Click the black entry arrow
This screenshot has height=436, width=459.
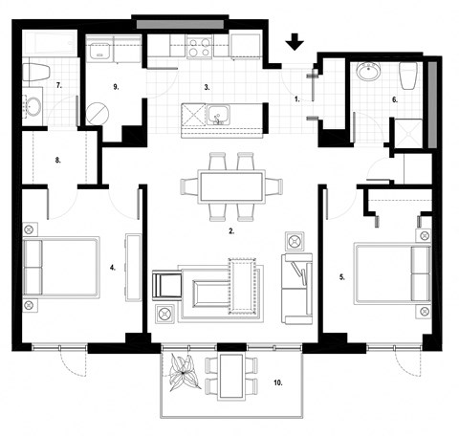pyautogui.click(x=295, y=40)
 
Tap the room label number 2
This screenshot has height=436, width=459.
pyautogui.click(x=232, y=230)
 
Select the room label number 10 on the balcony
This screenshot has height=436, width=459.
pyautogui.click(x=278, y=382)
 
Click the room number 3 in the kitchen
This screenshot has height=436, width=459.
pyautogui.click(x=206, y=86)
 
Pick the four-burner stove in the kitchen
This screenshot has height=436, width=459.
pyautogui.click(x=200, y=47)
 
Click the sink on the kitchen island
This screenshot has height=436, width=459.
pyautogui.click(x=219, y=117)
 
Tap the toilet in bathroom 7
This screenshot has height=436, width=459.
pyautogui.click(x=38, y=71)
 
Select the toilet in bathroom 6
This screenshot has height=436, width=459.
pyautogui.click(x=408, y=75)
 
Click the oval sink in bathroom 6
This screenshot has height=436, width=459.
pyautogui.click(x=368, y=72)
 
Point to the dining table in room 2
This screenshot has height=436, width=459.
pyautogui.click(x=232, y=185)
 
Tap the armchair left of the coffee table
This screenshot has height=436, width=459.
pyautogui.click(x=168, y=286)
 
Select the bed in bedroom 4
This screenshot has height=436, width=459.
pyautogui.click(x=60, y=267)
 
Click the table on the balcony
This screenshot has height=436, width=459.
pyautogui.click(x=232, y=376)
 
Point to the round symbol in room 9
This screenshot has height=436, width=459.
pyautogui.click(x=97, y=112)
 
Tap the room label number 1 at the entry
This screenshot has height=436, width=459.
pyautogui.click(x=297, y=98)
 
